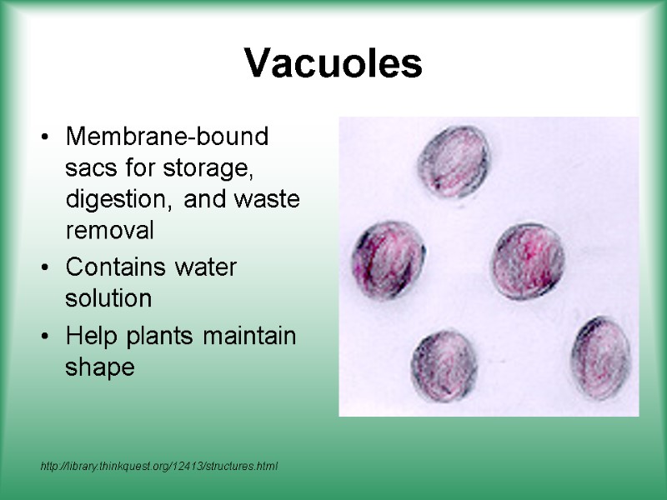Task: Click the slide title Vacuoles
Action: [x=333, y=64]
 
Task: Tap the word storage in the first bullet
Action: [x=214, y=168]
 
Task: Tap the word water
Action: [x=207, y=267]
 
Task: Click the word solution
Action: [x=108, y=298]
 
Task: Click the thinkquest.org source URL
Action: [x=158, y=465]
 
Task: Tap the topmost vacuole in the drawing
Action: [x=455, y=162]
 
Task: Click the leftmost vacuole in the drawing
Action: [x=388, y=259]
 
